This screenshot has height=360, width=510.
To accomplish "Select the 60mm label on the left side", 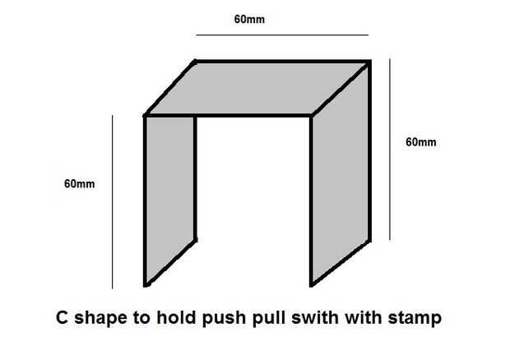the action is click(x=80, y=183).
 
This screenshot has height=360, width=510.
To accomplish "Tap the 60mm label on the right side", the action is click(x=421, y=141).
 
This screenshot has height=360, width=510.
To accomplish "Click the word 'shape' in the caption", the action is click(x=98, y=316).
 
